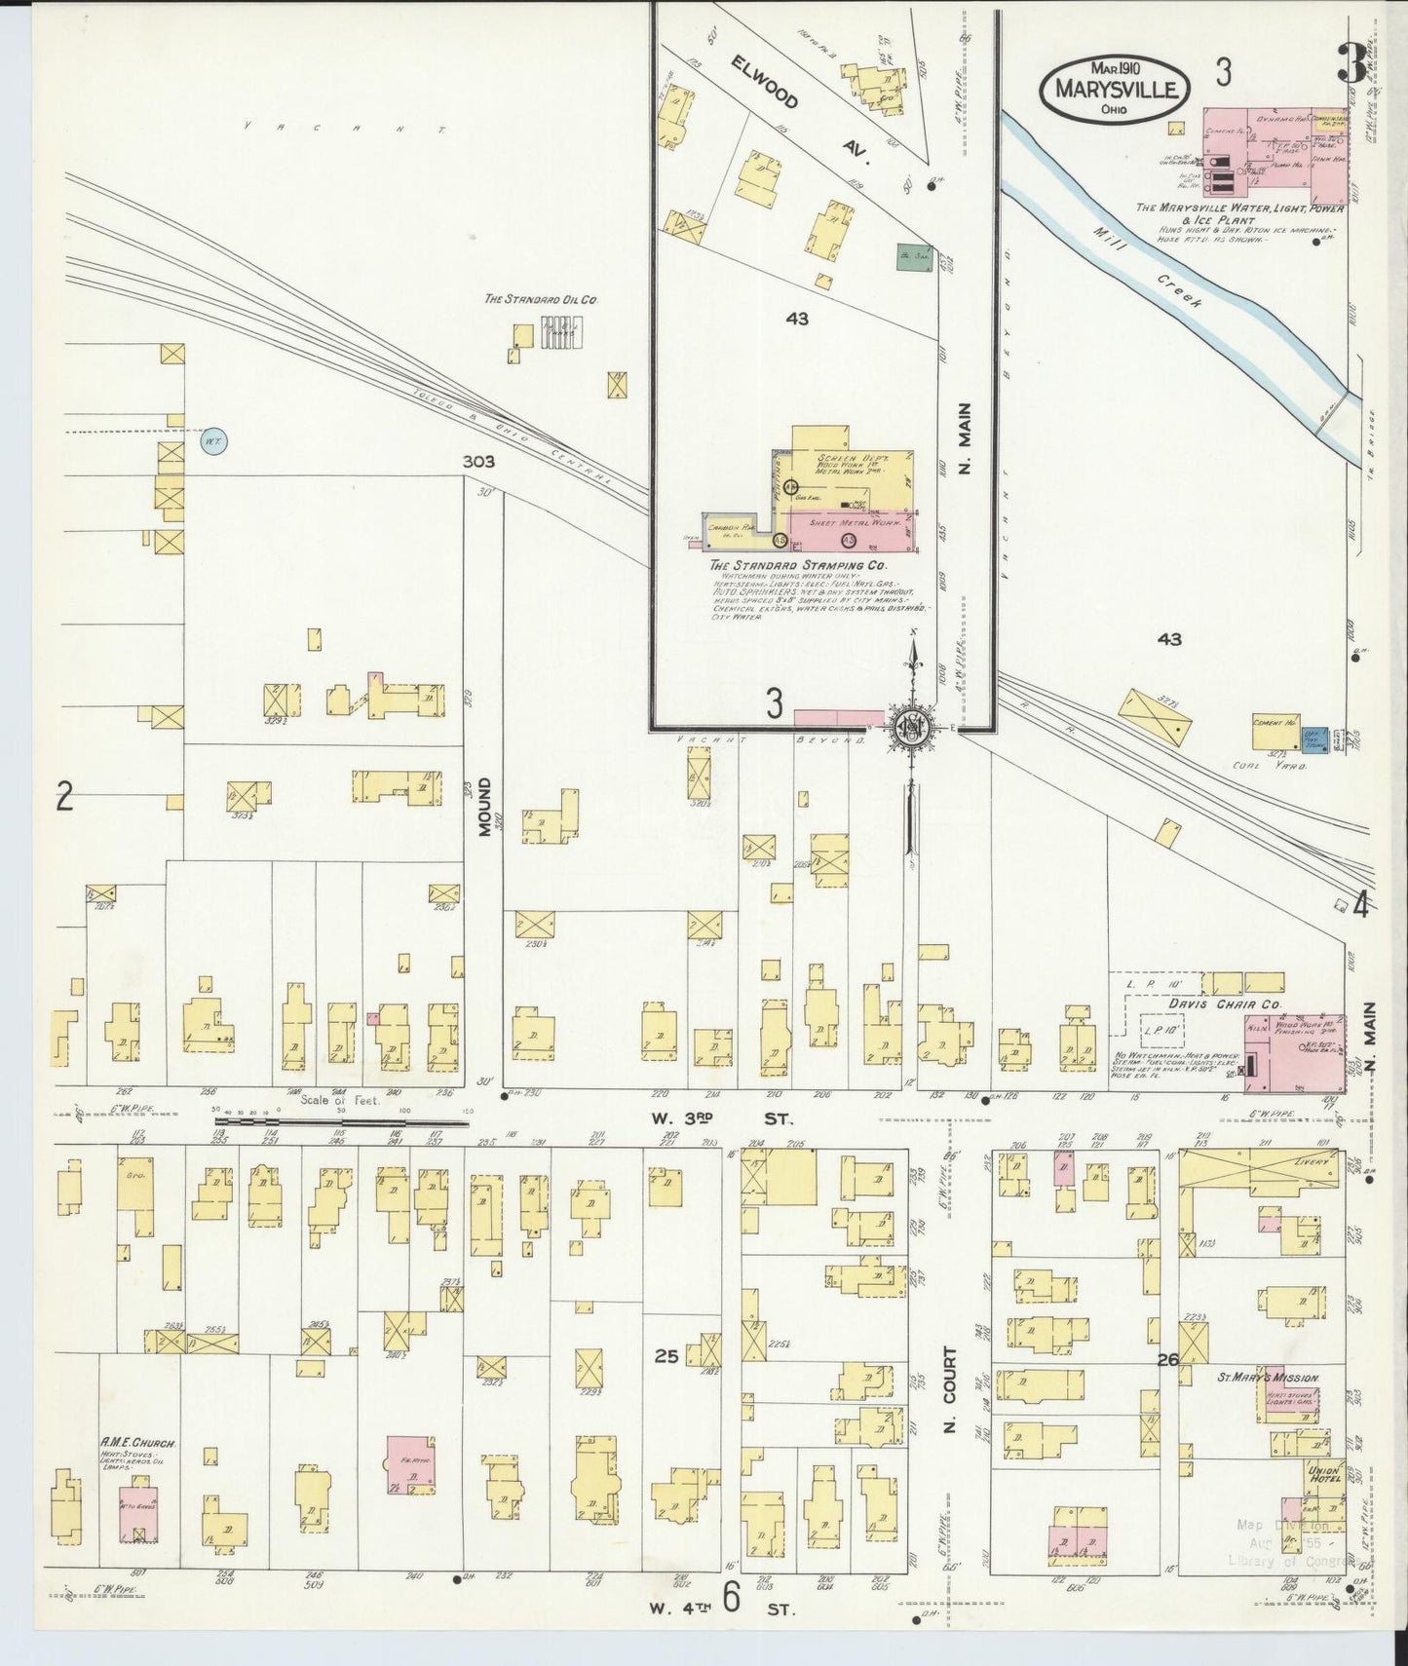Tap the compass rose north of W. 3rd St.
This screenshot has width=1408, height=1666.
click(912, 728)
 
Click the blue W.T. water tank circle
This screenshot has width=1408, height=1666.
click(212, 441)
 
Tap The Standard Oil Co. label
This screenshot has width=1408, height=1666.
click(540, 300)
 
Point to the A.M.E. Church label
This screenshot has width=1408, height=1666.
click(136, 1441)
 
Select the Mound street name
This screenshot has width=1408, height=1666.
click(483, 808)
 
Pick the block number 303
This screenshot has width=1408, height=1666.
click(478, 462)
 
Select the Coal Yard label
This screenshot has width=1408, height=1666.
click(1283, 765)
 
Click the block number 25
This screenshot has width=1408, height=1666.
click(666, 1355)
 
